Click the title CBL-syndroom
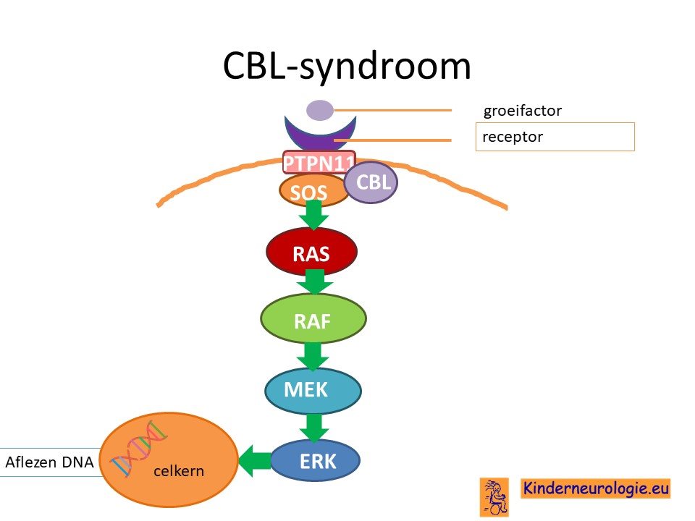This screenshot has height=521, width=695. coord(347,67)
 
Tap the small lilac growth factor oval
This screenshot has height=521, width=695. coord(320,110)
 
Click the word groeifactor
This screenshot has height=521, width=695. coord(522,110)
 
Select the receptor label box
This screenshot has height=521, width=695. coord(555,137)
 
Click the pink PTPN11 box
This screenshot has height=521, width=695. coord(319,162)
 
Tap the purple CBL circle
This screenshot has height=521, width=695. coord(371,182)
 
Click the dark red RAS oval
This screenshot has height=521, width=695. coord(311,252)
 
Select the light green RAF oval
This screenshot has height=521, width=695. coord(313,319)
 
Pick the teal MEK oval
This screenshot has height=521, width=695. coord(313,390)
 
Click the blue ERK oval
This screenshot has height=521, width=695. coord(315,461)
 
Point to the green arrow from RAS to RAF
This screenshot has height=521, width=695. coord(315,281)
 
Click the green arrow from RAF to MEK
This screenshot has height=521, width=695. coord(313,356)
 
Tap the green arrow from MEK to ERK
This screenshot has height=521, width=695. coord(313,428)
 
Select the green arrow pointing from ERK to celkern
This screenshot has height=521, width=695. coord(255,461)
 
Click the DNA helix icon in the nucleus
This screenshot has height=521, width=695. coord(138,447)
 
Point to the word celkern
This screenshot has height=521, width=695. coord(179,470)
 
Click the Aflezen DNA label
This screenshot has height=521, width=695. coord(50,462)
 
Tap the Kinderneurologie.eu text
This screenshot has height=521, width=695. coord(595,488)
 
